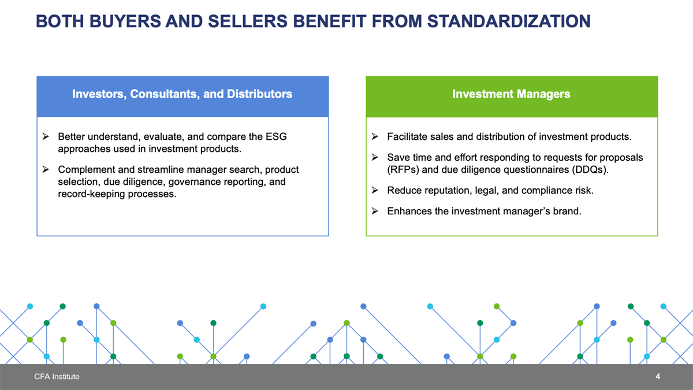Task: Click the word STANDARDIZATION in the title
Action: (509, 21)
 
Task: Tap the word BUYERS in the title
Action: (125, 21)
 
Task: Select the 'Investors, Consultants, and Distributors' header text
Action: (182, 94)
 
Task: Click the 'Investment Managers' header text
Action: (511, 94)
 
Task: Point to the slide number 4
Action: (658, 376)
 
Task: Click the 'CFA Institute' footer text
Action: (57, 376)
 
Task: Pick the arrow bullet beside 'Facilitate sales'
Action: (375, 136)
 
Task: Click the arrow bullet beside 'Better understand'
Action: (46, 136)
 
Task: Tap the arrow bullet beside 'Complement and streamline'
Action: (46, 169)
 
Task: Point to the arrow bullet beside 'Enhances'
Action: (375, 211)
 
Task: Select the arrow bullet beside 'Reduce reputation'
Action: (375, 190)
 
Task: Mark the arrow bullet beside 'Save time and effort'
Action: (375, 157)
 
